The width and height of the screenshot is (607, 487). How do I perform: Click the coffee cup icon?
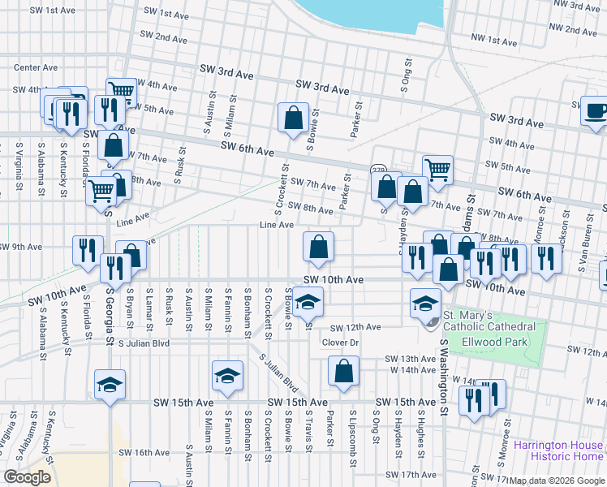click(596, 110)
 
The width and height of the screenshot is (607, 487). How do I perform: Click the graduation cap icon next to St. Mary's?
click(423, 302)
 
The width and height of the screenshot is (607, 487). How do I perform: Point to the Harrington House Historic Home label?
click(558, 450)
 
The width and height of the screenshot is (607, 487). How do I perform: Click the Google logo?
click(27, 477)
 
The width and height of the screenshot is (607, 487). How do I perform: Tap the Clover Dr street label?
click(340, 342)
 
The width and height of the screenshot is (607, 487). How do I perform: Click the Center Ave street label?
click(36, 67)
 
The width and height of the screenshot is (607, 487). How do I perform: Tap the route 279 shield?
click(378, 170)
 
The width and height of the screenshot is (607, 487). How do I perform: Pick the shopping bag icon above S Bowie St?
click(292, 118)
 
